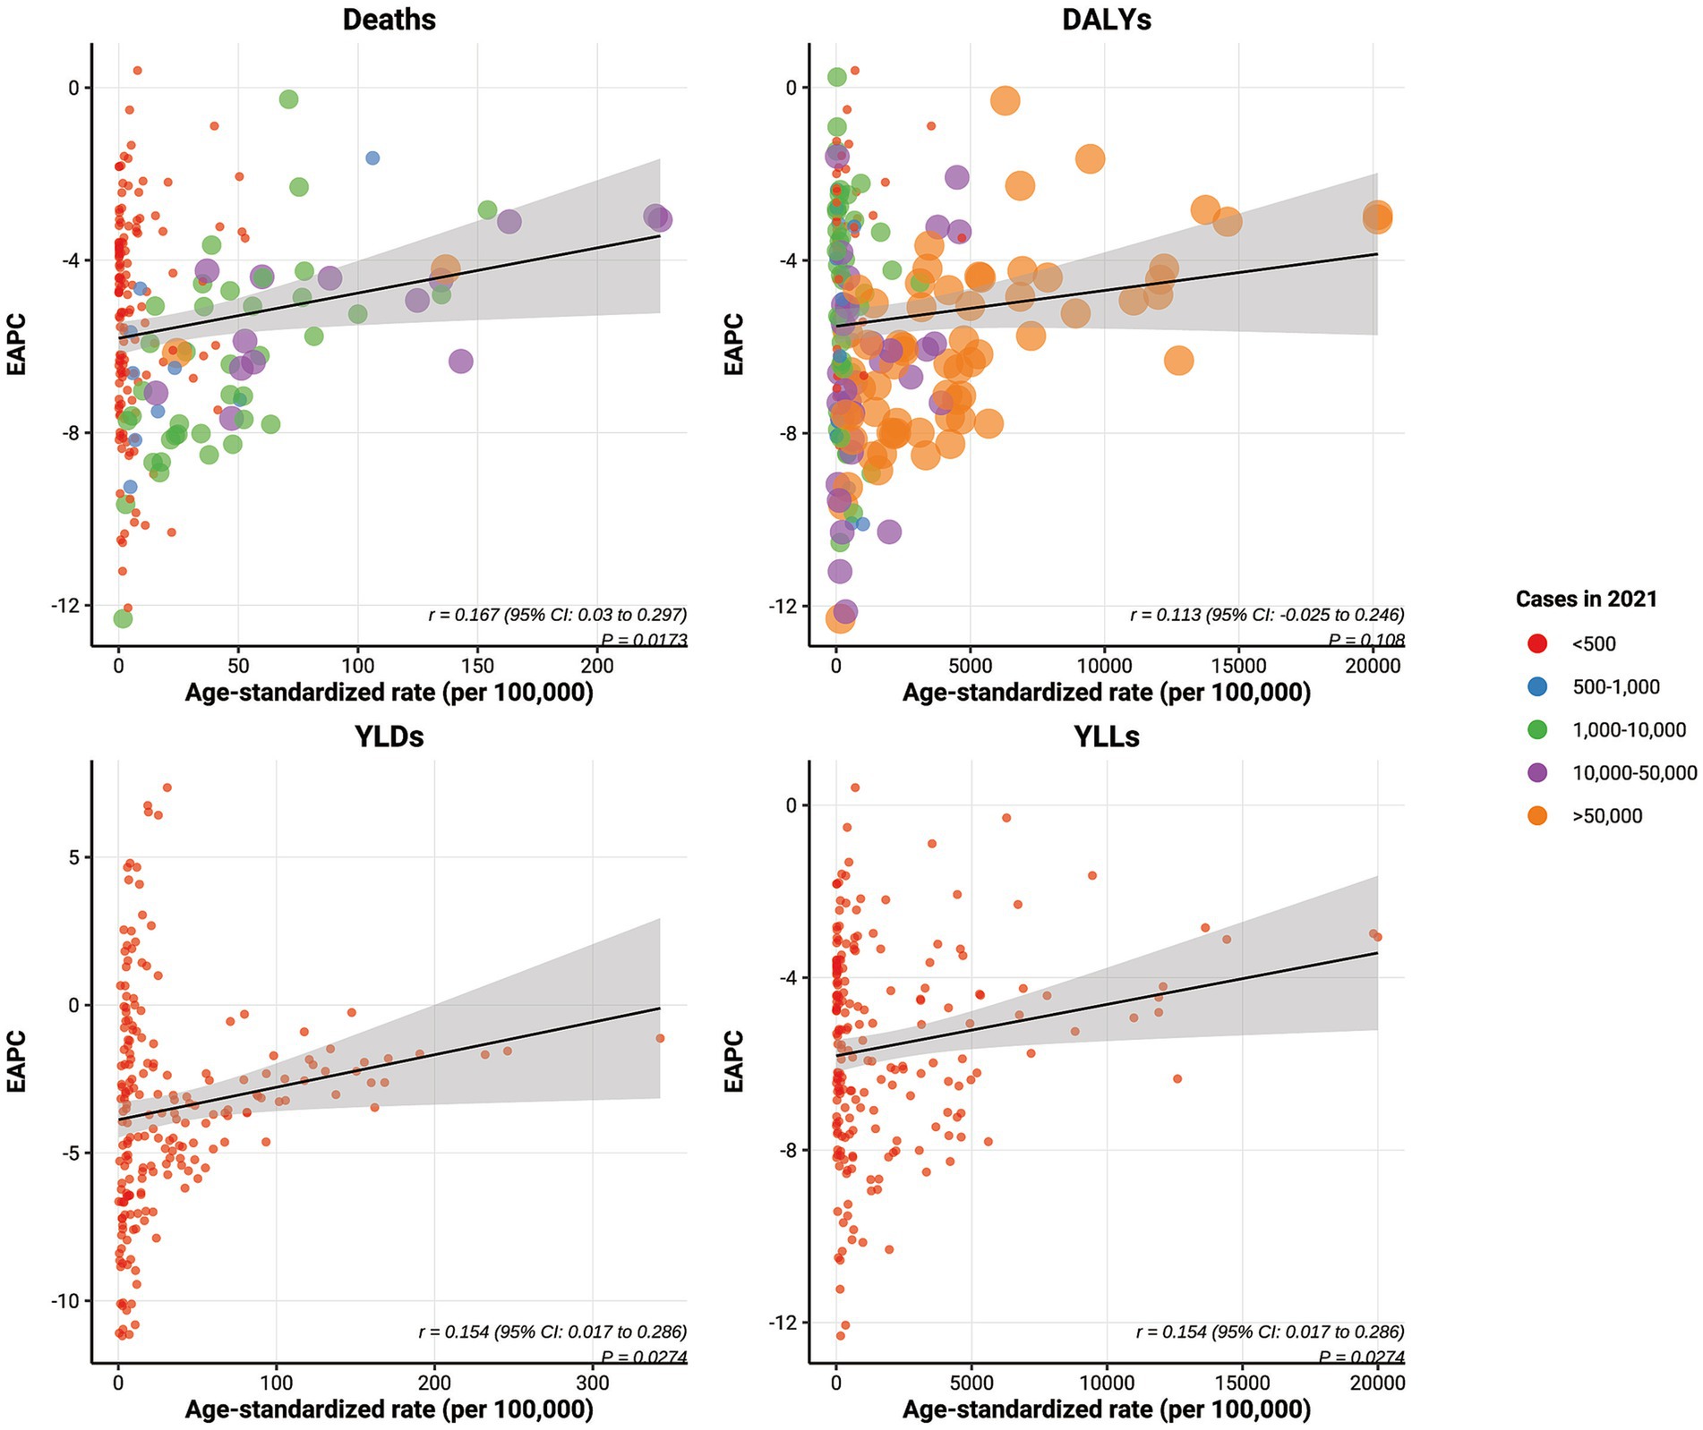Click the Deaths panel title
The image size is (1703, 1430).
389,20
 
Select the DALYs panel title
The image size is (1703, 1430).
1107,20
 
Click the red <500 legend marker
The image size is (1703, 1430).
1537,643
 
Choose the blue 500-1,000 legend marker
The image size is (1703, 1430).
1537,686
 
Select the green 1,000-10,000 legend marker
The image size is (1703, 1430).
1537,729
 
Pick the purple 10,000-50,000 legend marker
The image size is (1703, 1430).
1537,772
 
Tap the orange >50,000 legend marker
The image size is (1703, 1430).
1537,815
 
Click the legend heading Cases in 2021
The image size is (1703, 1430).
1586,599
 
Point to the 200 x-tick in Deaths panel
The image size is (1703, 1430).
597,666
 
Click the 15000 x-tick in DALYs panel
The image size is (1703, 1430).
1239,666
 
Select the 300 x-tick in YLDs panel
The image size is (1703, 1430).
592,1383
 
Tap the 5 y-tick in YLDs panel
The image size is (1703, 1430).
73,857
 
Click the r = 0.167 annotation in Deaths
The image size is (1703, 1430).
557,615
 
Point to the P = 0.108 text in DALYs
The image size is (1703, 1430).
1365,640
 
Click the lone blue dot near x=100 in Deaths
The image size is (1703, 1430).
372,158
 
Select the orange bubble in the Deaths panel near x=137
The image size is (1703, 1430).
445,268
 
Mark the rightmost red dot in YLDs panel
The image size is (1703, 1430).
660,1038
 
